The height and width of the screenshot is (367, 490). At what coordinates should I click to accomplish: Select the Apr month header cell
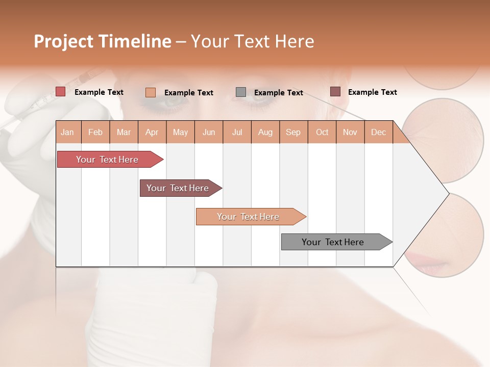pos(152,132)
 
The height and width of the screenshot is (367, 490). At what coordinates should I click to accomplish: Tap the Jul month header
pos(237,132)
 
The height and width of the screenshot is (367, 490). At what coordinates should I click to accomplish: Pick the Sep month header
pos(293,132)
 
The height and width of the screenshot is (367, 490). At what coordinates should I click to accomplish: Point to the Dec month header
pos(379,132)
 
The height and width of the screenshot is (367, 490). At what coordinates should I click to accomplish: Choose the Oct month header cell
pos(322,132)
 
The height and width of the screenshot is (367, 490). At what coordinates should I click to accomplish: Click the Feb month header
pos(95,132)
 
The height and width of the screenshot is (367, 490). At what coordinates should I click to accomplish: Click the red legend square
pos(60,92)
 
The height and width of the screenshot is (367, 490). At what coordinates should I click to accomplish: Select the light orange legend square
pos(150,92)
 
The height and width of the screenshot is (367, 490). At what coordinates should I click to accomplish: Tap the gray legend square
pos(241,92)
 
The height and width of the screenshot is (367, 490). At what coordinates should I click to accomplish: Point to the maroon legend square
pos(335,92)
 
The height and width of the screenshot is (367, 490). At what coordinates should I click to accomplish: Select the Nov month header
pos(350,132)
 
